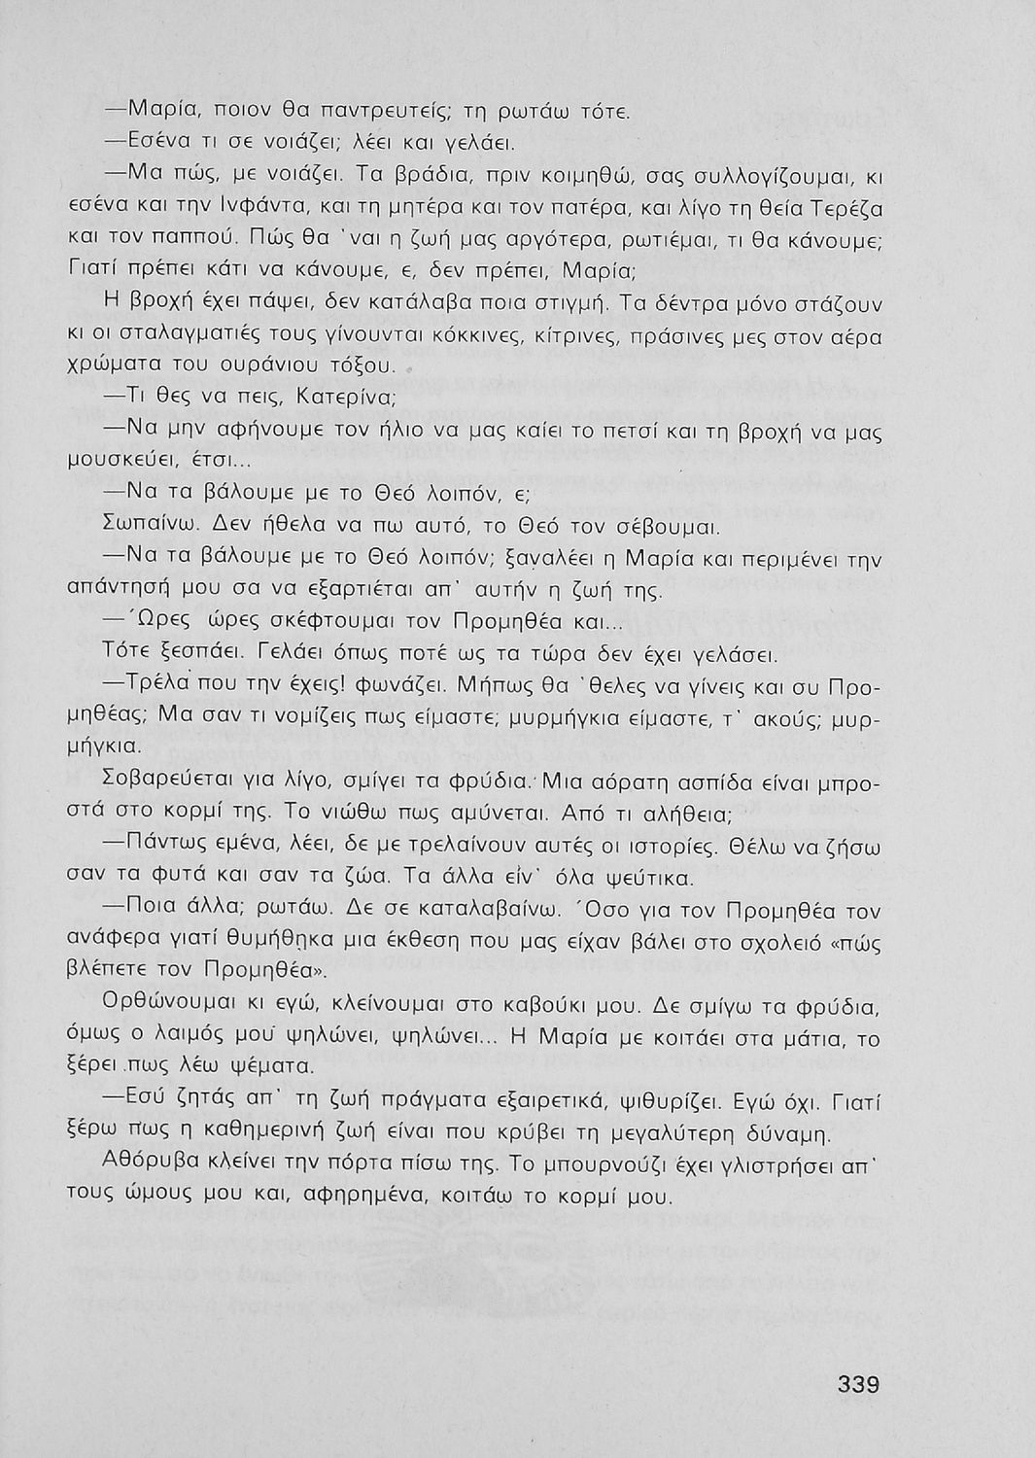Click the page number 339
(x=858, y=1383)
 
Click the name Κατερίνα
(x=346, y=398)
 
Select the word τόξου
(x=362, y=367)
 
